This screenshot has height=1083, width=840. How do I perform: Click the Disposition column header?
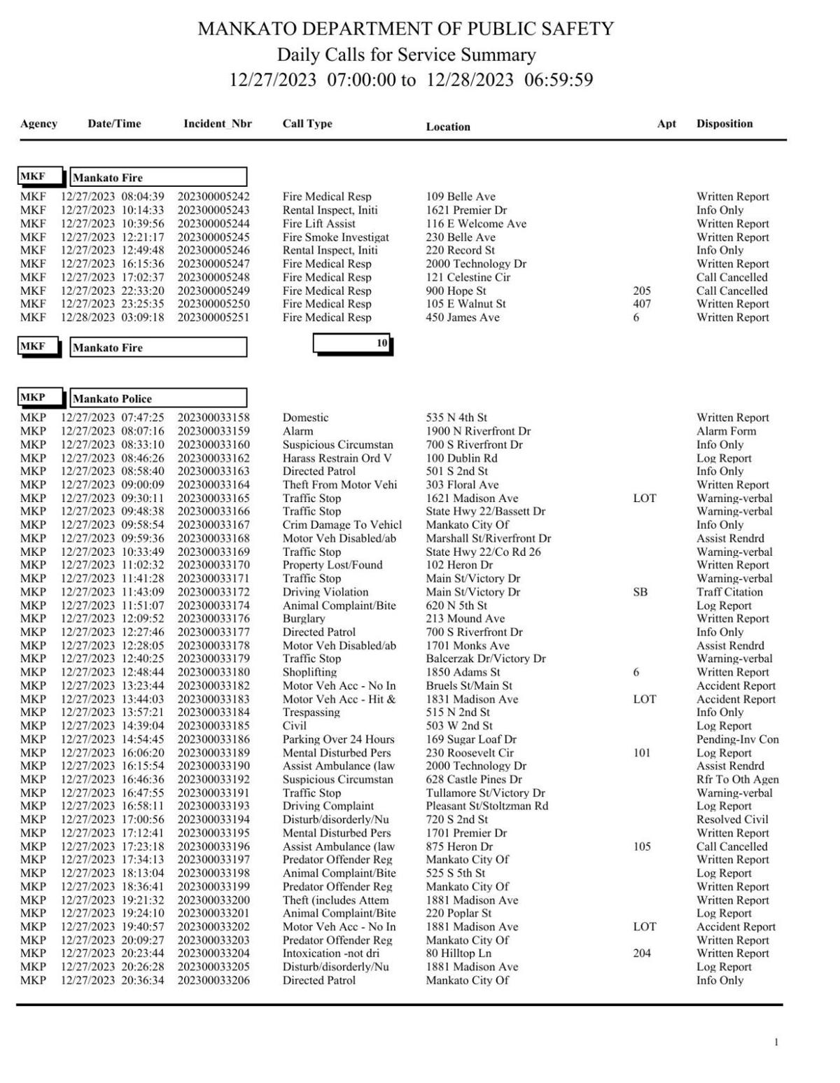pos(724,124)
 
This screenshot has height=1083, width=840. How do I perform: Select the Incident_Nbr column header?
pos(217,124)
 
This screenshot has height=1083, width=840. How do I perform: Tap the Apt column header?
pos(666,124)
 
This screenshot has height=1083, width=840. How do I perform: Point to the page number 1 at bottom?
pos(776,1042)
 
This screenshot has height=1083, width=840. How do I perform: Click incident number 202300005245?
pos(213,237)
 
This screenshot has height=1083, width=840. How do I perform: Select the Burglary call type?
pos(304,619)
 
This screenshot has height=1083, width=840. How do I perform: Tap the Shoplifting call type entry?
pos(309,672)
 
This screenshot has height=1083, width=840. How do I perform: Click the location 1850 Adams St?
pos(463,672)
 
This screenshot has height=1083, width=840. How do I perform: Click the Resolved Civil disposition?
pos(732,820)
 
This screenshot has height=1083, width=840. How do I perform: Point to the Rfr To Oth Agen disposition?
pos(737,779)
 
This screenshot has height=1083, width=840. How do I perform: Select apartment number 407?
pos(641,304)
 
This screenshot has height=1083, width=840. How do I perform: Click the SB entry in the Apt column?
pos(640,592)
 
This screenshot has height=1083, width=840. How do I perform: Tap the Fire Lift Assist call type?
pos(318,224)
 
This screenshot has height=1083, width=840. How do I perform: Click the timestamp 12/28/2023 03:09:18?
pos(112,317)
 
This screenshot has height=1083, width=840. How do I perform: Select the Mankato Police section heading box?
pos(158,398)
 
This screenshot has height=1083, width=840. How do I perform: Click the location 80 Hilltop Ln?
pos(458,953)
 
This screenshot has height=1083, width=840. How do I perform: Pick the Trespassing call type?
pos(311,712)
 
